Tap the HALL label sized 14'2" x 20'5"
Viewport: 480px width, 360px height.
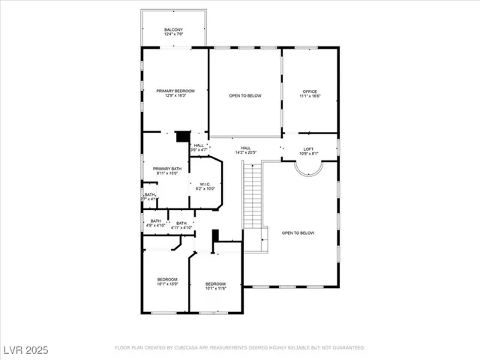pyautogui.click(x=245, y=150)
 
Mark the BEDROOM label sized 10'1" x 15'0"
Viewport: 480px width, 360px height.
pyautogui.click(x=167, y=280)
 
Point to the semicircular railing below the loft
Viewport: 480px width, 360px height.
pyautogui.click(x=308, y=169)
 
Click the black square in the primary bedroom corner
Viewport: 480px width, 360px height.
pyautogui.click(x=181, y=136)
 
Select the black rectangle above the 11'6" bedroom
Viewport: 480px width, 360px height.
pyautogui.click(x=215, y=235)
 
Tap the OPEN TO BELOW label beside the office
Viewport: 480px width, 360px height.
pyautogui.click(x=244, y=96)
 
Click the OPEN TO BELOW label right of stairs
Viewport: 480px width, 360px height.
pyautogui.click(x=298, y=233)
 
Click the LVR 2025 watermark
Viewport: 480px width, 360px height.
pyautogui.click(x=25, y=349)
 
